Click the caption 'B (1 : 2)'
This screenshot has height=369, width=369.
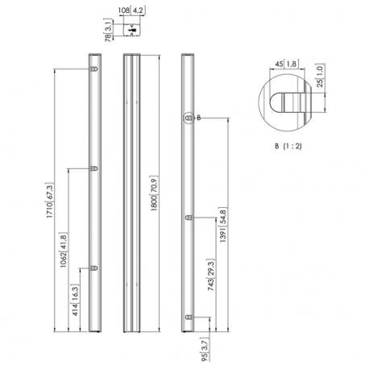click(x=288, y=147)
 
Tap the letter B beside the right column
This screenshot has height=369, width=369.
click(x=198, y=118)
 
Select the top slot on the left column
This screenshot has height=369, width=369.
click(x=94, y=70)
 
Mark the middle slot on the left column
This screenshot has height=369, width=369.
click(x=94, y=168)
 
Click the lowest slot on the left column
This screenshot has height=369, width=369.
click(x=94, y=266)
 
